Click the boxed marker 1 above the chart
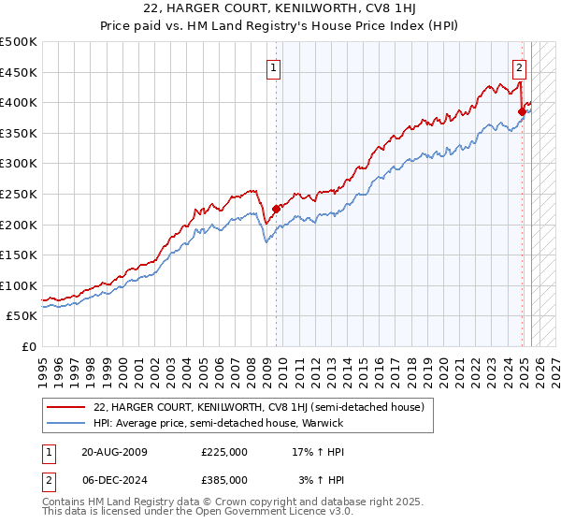click(x=274, y=67)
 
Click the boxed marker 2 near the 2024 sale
click(x=519, y=67)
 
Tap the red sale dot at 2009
click(x=276, y=210)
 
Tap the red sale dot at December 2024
click(x=522, y=112)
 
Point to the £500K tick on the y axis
click(x=19, y=42)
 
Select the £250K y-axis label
click(x=19, y=194)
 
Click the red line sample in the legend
click(x=66, y=407)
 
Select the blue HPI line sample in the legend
click(x=66, y=423)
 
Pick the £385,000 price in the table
click(x=224, y=479)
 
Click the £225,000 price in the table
click(x=224, y=452)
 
